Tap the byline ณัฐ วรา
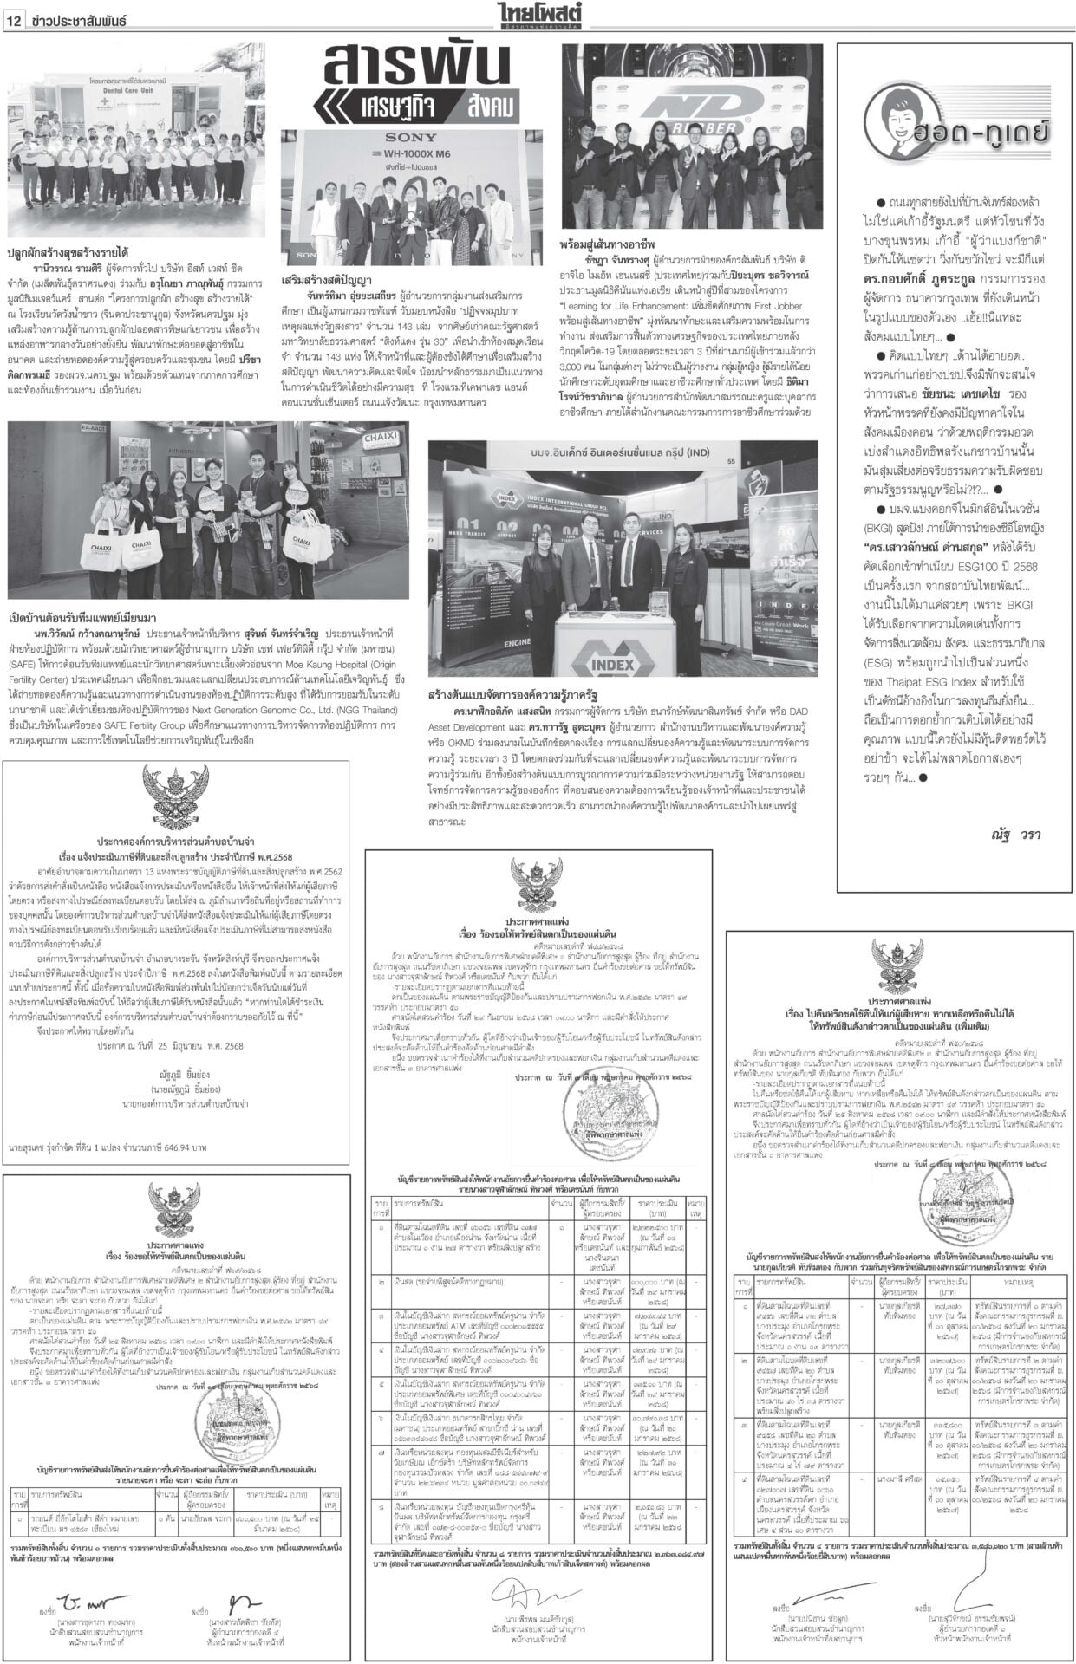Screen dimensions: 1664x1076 pos(1016,833)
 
